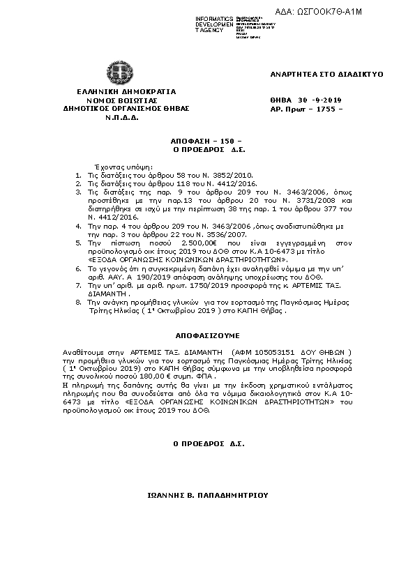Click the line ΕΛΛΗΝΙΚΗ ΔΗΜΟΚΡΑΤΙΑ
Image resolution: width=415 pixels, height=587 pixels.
116,91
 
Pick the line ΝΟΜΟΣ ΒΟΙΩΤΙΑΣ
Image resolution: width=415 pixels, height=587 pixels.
116,100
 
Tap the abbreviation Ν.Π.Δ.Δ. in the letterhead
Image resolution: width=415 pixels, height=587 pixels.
116,118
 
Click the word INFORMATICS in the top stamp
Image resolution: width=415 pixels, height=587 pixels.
214,18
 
